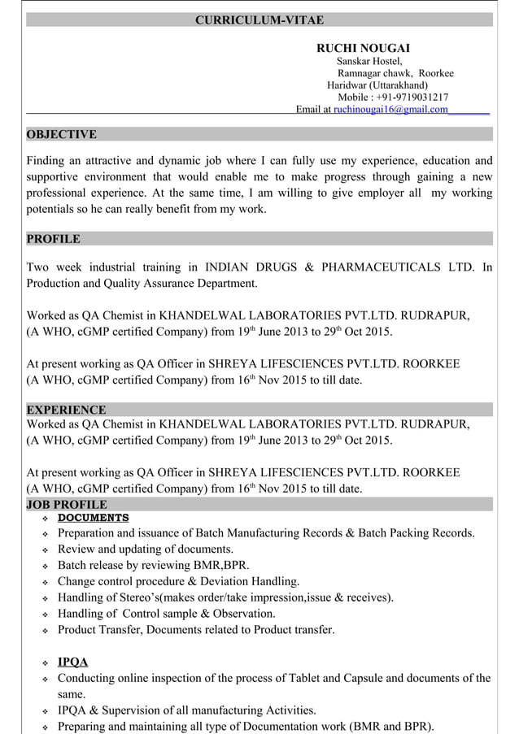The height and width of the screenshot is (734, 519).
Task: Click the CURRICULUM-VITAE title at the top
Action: pyautogui.click(x=259, y=20)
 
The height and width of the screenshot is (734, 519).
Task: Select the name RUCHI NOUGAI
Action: pyautogui.click(x=362, y=49)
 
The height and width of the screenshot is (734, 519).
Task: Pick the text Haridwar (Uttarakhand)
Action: pyautogui.click(x=377, y=85)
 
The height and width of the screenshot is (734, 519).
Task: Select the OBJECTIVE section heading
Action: pyautogui.click(x=62, y=134)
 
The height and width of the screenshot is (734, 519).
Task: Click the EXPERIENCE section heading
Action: pyautogui.click(x=66, y=410)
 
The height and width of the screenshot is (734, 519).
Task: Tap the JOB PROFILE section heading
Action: pyautogui.click(x=67, y=505)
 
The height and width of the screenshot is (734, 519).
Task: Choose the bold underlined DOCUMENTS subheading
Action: pyautogui.click(x=93, y=518)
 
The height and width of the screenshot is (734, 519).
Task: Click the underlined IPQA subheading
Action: pyautogui.click(x=72, y=662)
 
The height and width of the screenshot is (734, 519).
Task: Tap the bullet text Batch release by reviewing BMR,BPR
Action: pyautogui.click(x=153, y=566)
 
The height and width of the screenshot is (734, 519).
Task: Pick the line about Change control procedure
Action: pyautogui.click(x=178, y=581)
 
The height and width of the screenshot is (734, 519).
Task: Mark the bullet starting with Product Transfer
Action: pyautogui.click(x=195, y=629)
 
